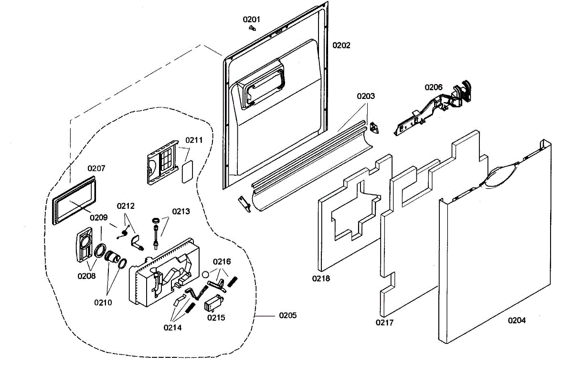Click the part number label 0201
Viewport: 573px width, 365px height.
coord(251,20)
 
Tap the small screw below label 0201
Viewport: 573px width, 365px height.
coord(253,28)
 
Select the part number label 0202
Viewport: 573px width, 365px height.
coord(341,45)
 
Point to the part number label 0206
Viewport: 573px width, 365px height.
coord(434,87)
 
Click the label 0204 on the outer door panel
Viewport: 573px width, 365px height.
coord(517,320)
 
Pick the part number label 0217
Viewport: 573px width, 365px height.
coord(384,322)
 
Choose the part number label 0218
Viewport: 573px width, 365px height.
coord(321,278)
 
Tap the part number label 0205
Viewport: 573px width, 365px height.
coord(288,315)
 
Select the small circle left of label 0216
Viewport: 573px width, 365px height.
coord(205,274)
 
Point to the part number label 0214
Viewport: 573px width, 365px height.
coord(172,327)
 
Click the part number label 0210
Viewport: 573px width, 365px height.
coord(103,302)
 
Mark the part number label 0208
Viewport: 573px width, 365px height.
coord(86,276)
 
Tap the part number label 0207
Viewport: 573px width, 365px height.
coord(96,168)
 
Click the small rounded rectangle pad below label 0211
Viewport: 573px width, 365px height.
coord(187,172)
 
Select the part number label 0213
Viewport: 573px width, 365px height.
coord(181,212)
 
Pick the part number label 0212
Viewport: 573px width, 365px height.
coord(126,206)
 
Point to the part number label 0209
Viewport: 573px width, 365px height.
coord(98,217)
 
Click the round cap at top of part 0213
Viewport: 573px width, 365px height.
coord(156,220)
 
